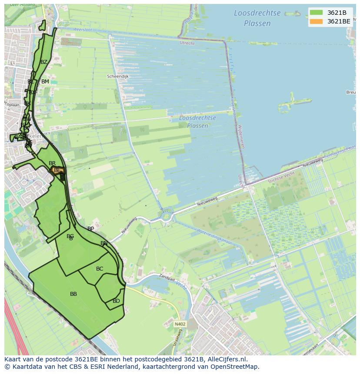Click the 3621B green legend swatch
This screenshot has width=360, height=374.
pos(316,13)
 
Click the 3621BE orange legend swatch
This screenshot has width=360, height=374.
pos(316,21)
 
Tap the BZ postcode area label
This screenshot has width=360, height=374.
pos(43,62)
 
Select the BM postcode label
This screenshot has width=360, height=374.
pos(45,82)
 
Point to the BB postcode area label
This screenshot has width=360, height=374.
pos(73,294)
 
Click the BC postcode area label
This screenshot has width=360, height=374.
pos(100,269)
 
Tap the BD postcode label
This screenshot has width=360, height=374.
pos(116,301)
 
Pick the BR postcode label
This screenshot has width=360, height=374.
pos(52,163)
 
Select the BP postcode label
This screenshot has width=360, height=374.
pos(90,229)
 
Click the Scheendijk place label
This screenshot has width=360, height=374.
pos(117,76)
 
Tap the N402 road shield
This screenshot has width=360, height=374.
pos(180,324)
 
